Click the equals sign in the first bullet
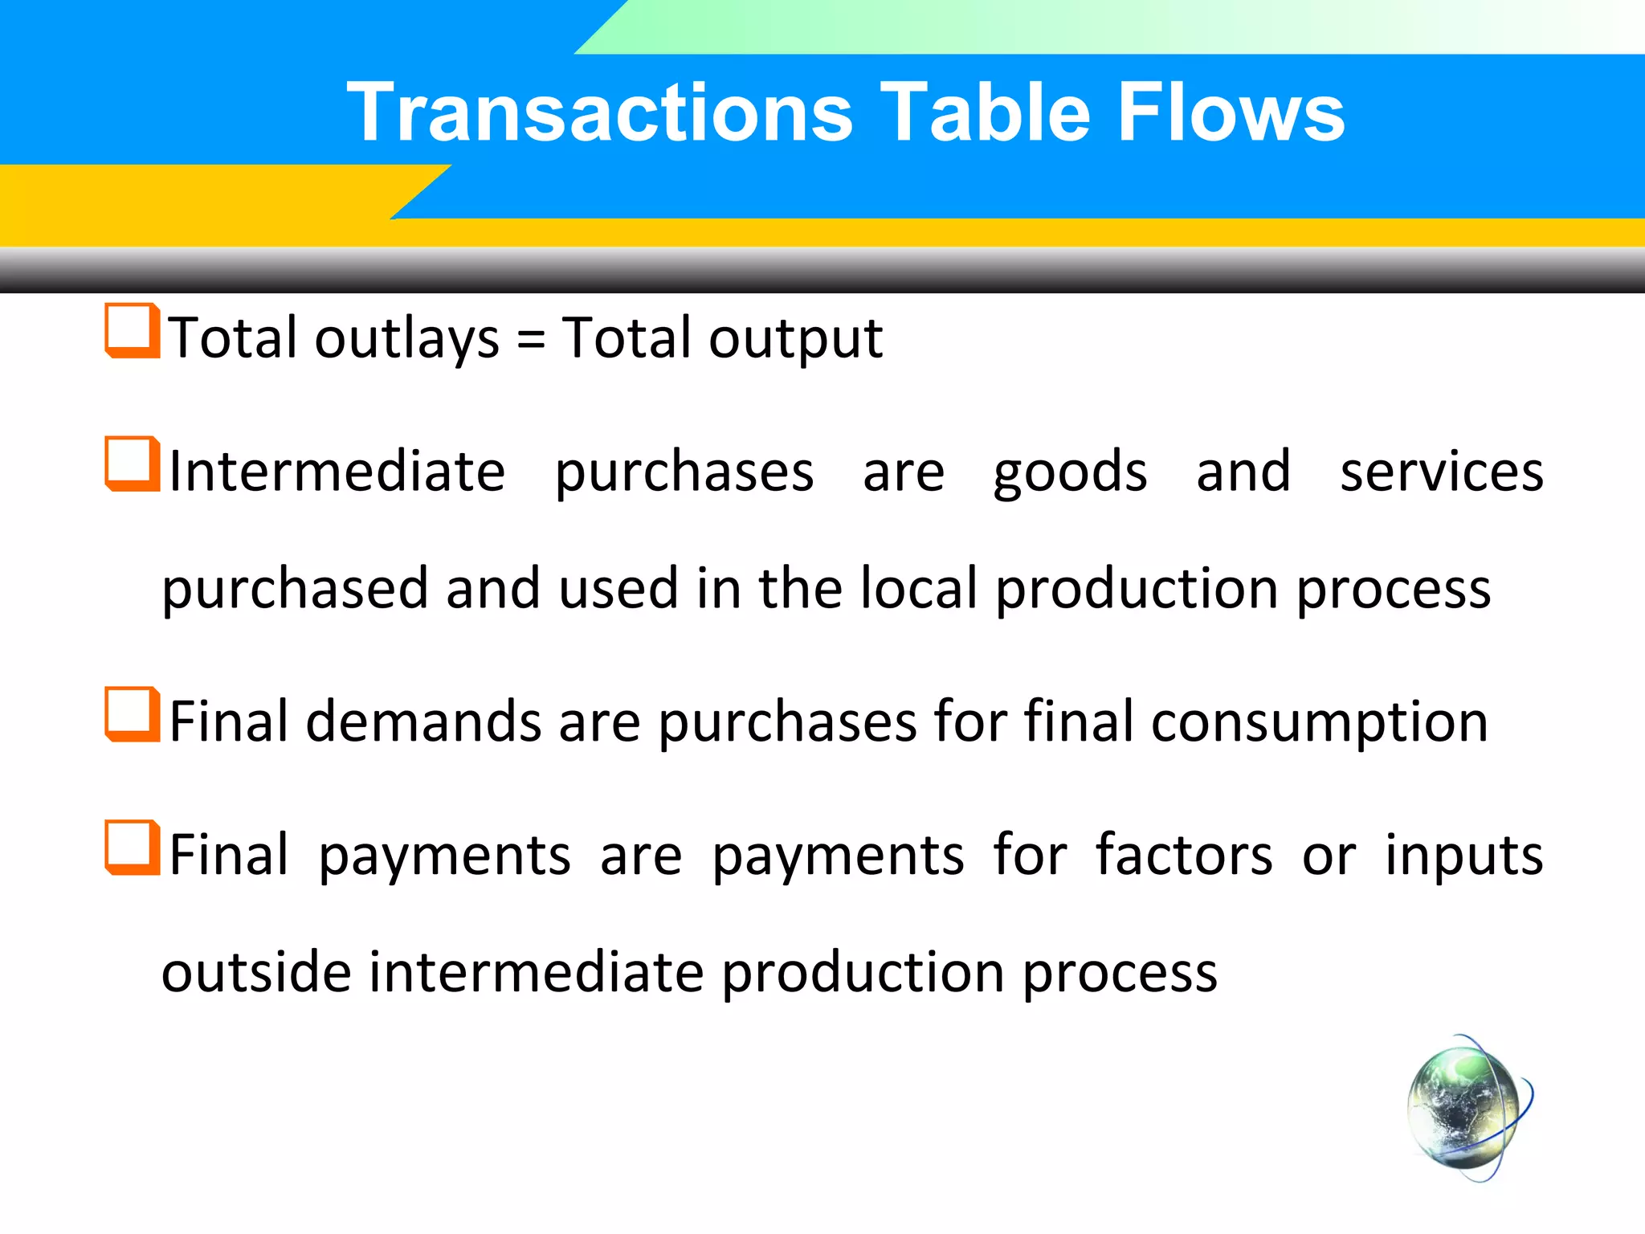(x=531, y=338)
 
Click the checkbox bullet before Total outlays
(x=132, y=330)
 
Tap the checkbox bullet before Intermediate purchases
(x=132, y=464)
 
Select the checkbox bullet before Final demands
(x=132, y=714)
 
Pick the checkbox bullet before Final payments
(x=132, y=848)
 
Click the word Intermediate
(x=337, y=472)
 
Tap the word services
(x=1442, y=472)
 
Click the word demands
(x=423, y=721)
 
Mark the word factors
(x=1184, y=855)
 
